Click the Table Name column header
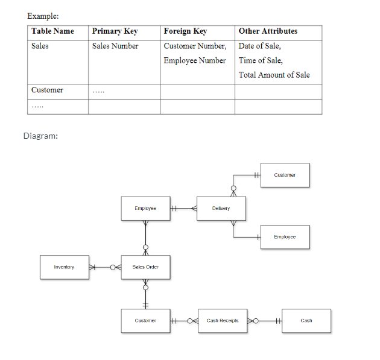click(x=53, y=31)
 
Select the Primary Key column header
click(x=115, y=31)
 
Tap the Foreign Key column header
click(x=185, y=31)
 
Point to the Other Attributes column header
click(x=268, y=31)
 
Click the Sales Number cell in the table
click(x=115, y=46)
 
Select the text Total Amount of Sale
click(x=274, y=75)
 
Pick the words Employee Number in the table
click(x=195, y=60)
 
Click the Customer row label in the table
click(x=47, y=90)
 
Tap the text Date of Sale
click(x=259, y=46)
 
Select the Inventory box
click(x=64, y=267)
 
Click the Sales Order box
click(x=145, y=267)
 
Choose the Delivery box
click(x=221, y=209)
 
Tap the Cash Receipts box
click(x=223, y=321)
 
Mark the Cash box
click(x=306, y=321)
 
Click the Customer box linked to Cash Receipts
click(x=145, y=321)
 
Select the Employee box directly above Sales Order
click(x=145, y=209)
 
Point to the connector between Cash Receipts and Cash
click(x=265, y=321)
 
